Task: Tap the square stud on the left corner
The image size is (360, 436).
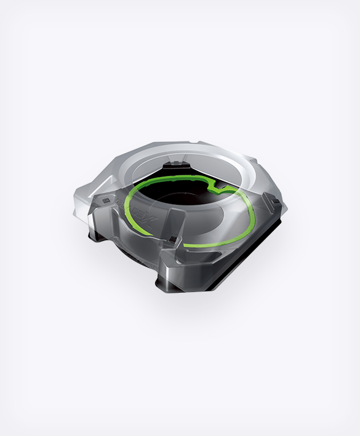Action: pyautogui.click(x=106, y=201)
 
